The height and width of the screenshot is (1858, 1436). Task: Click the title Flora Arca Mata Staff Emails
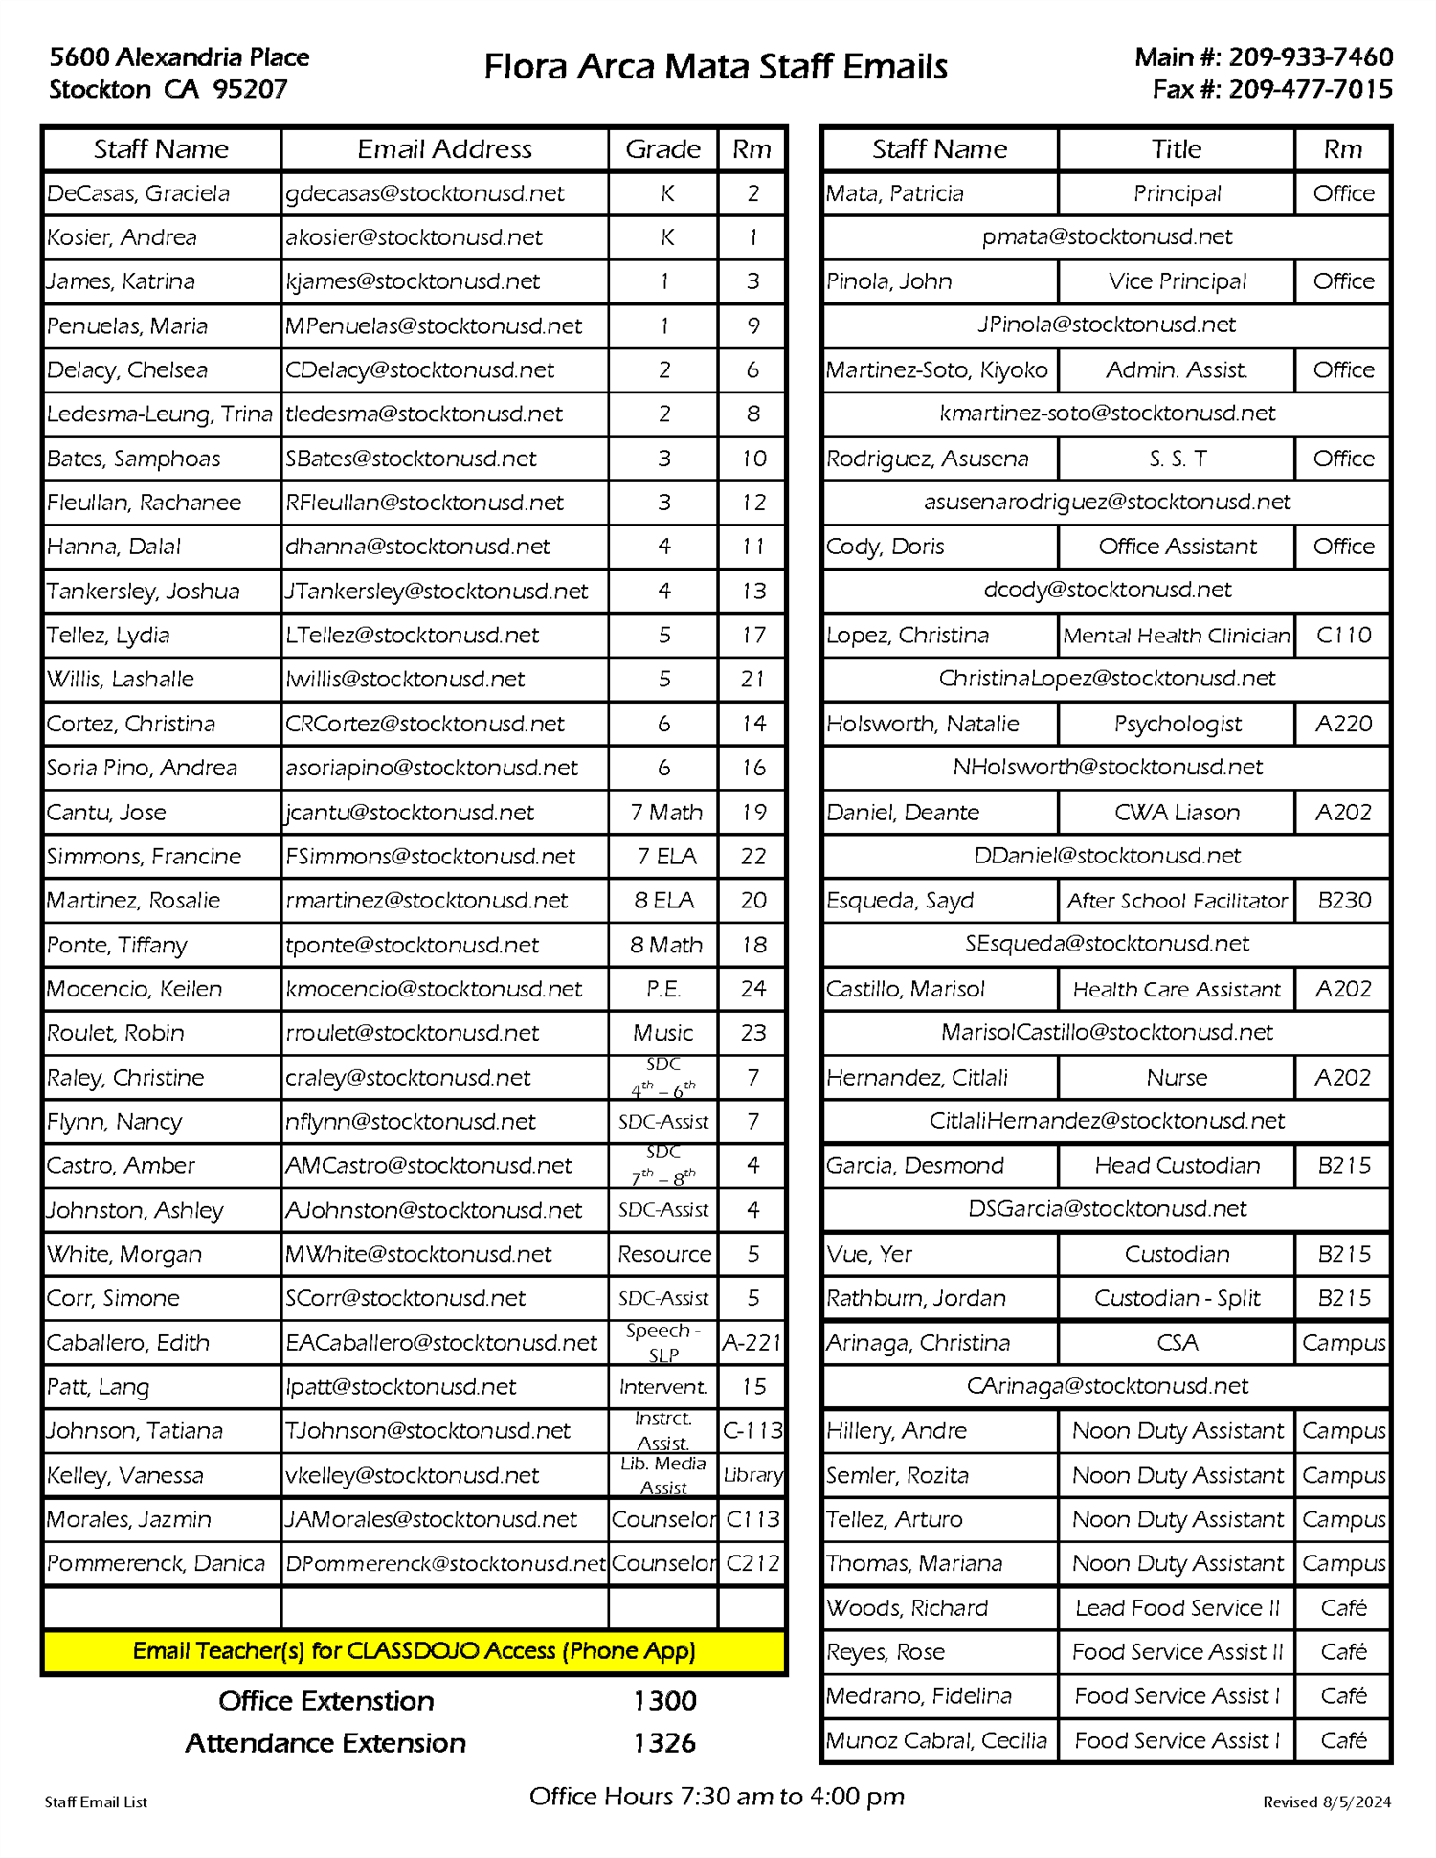(x=715, y=67)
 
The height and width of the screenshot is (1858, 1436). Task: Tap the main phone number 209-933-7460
(x=1311, y=57)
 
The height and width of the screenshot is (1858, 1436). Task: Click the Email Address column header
(x=444, y=149)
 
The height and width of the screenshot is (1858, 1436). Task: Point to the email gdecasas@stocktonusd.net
(x=425, y=193)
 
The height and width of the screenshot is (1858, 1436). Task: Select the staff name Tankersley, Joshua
(x=144, y=592)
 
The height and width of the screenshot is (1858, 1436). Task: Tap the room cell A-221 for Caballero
(x=752, y=1343)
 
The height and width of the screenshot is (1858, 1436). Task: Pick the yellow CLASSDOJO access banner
(x=414, y=1651)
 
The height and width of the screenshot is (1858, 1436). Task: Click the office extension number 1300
(x=664, y=1701)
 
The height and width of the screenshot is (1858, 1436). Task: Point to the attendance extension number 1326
(x=664, y=1743)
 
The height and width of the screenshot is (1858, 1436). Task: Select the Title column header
(x=1177, y=149)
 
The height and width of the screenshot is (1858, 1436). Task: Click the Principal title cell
(x=1177, y=193)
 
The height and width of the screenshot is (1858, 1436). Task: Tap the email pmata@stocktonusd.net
(x=1107, y=237)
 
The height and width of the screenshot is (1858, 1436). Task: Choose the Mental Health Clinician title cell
(x=1177, y=636)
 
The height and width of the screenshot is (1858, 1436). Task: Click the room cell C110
(x=1343, y=636)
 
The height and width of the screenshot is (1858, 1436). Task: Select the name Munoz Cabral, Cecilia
(x=936, y=1740)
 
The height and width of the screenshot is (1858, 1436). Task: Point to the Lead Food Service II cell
(x=1177, y=1608)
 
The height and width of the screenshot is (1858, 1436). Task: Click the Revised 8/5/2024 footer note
(x=1327, y=1802)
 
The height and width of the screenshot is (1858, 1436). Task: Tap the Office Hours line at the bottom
(x=717, y=1797)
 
